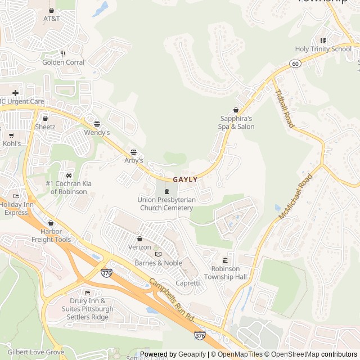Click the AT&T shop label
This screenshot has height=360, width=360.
click(x=52, y=19)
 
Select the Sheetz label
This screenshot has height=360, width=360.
click(x=45, y=127)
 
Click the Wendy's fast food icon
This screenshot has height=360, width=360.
click(x=97, y=124)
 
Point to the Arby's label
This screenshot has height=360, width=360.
click(x=133, y=160)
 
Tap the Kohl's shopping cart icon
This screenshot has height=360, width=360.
click(x=11, y=135)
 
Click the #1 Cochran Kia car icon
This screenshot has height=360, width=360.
click(x=69, y=175)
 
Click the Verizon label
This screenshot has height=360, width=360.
click(x=140, y=247)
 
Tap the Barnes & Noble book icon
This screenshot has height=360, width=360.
click(x=158, y=254)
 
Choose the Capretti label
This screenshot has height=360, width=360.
click(x=188, y=283)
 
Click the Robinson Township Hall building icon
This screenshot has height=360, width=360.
click(x=225, y=260)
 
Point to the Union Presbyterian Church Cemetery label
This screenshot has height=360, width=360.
click(x=166, y=204)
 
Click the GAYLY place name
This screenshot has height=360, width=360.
click(x=185, y=179)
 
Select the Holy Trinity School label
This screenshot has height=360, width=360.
click(x=323, y=49)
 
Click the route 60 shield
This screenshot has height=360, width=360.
click(x=295, y=64)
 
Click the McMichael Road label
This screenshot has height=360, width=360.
click(x=294, y=197)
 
